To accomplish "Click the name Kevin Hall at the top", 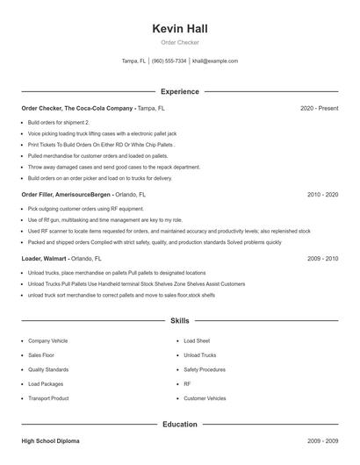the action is [180, 29].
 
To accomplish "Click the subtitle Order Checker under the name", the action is [180, 42].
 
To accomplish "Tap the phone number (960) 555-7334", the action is [169, 61].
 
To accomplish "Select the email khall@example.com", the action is [215, 61].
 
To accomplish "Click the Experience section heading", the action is [180, 91].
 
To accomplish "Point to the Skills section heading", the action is [180, 321].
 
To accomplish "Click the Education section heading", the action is [180, 425].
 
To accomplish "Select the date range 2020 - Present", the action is [319, 108].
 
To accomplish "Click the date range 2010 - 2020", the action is [322, 194].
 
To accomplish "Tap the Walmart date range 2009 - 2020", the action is [322, 259].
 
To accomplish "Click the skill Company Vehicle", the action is [48, 340].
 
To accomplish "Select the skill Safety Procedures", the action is [205, 369].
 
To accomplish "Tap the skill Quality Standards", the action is [48, 369].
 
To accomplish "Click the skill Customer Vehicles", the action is [204, 398].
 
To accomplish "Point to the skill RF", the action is [187, 384].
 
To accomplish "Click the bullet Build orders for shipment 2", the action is [58, 123].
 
